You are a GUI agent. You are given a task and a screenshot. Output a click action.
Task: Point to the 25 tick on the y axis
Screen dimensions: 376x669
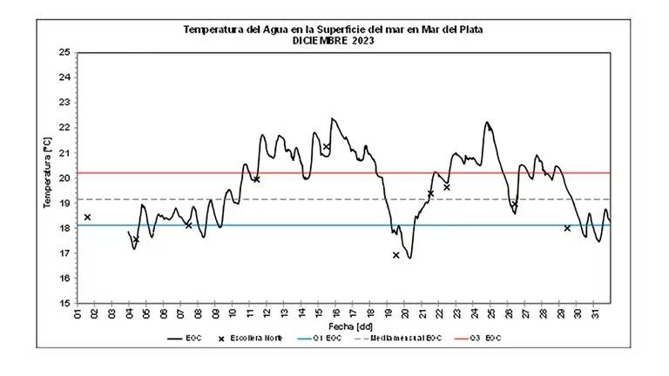coord(64,52)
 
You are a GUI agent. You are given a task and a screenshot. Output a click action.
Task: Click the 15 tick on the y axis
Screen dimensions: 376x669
coord(64,303)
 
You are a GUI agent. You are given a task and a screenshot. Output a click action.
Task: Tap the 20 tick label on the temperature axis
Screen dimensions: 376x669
coord(64,178)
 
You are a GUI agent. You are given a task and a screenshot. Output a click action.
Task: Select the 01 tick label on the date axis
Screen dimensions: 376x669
coord(78,312)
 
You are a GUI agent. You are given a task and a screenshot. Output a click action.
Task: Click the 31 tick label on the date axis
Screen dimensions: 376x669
coord(594,312)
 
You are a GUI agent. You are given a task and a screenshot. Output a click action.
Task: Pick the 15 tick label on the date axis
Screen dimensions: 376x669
coord(319,312)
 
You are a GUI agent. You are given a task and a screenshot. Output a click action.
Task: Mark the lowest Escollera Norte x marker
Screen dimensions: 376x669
coord(396,255)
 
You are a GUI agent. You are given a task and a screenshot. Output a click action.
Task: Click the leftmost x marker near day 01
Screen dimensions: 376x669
coord(87,217)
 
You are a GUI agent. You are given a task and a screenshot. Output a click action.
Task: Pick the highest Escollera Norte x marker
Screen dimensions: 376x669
coord(327,147)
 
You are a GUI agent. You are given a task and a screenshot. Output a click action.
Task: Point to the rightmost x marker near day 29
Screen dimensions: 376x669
coord(567,228)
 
